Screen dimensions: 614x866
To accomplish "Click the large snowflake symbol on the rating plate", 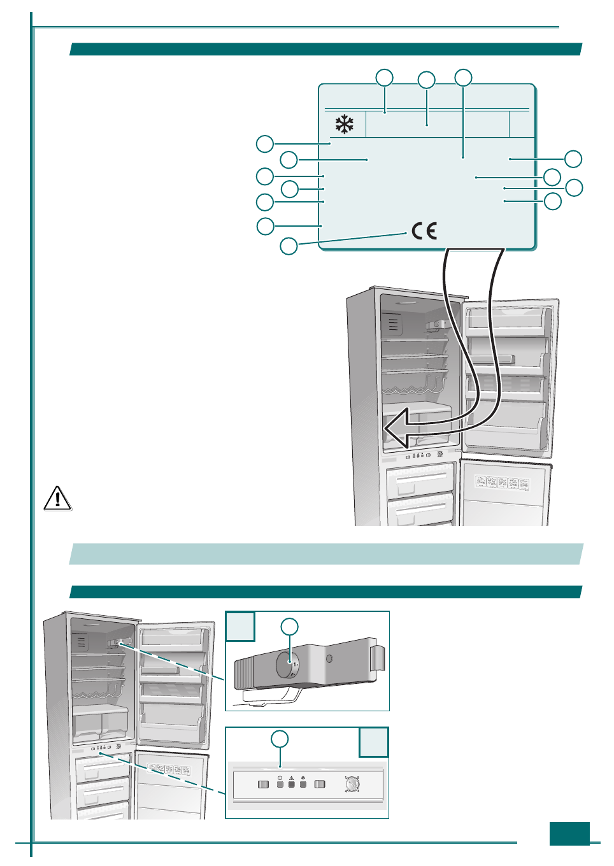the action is (345, 124).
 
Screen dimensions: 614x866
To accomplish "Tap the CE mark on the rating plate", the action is (424, 231).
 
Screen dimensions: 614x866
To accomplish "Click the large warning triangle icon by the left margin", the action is (57, 498).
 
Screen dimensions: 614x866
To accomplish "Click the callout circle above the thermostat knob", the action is (290, 627).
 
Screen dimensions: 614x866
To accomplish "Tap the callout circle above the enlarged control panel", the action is (280, 739).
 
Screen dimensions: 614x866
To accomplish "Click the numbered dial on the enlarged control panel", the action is (352, 784).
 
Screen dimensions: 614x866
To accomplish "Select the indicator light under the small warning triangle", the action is (292, 784).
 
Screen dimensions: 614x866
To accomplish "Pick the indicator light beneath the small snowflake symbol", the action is (303, 784).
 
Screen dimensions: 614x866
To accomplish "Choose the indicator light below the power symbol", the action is (280, 784).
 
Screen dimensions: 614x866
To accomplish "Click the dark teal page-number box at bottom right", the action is (569, 834).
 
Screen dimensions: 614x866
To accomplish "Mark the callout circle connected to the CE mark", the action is (289, 246).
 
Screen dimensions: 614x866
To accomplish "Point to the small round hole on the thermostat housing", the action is (329, 658).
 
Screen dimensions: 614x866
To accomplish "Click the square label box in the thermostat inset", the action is (240, 626).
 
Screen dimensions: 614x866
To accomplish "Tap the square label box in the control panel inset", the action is (373, 742).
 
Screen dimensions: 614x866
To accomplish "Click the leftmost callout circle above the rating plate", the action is (384, 78).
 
